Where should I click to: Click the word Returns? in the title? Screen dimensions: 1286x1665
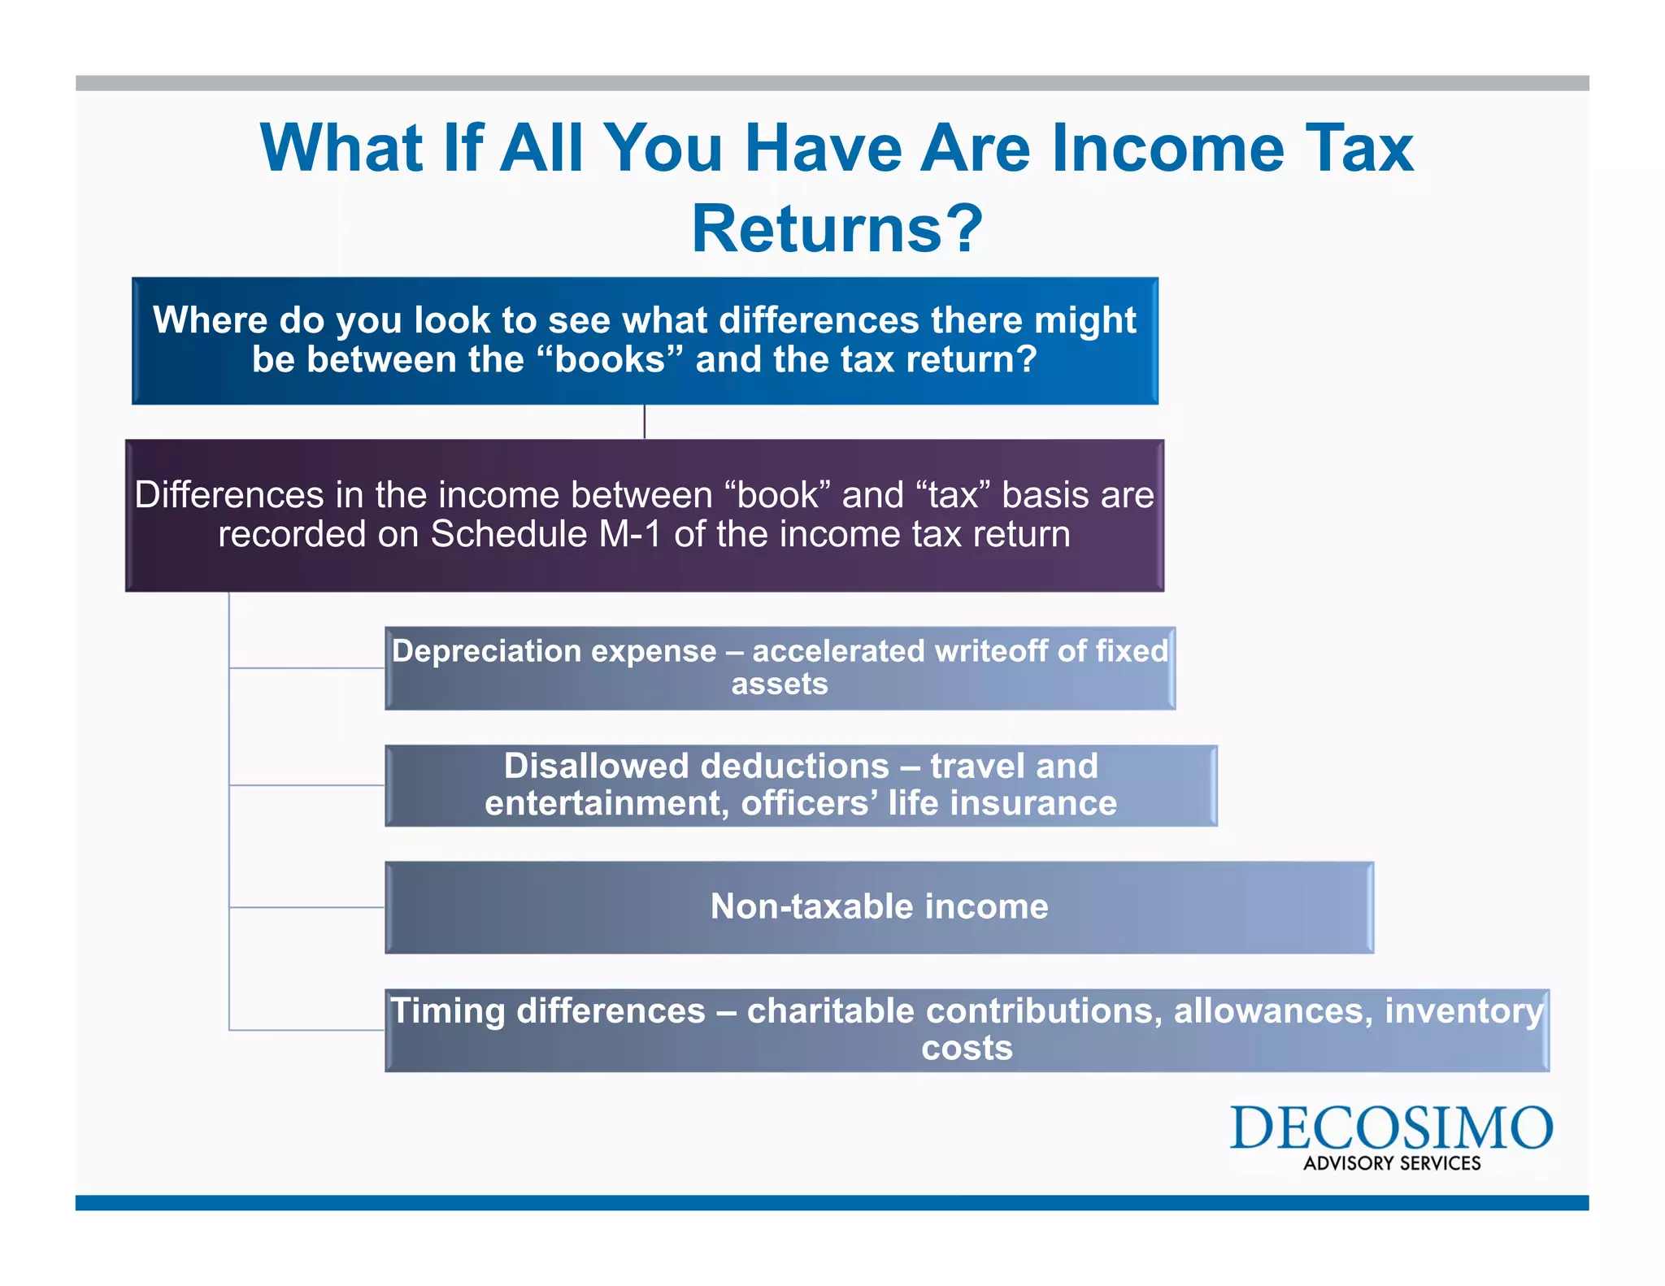point(837,229)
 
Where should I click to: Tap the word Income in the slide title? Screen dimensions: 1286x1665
point(1167,148)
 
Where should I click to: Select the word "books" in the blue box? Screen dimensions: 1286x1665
point(610,359)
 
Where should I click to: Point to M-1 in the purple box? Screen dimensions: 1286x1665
point(630,535)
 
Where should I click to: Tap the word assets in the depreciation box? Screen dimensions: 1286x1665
point(779,684)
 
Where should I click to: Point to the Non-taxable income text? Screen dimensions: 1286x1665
point(879,906)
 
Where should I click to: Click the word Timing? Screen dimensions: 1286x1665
point(448,1011)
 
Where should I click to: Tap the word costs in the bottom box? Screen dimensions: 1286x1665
point(966,1048)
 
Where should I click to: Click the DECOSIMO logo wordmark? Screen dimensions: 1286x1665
point(1390,1127)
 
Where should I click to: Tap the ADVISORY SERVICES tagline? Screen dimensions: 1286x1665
point(1391,1163)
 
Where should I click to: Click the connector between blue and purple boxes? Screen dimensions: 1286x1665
point(645,422)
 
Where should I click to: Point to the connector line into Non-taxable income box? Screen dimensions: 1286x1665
point(306,907)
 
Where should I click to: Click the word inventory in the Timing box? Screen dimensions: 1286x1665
point(1463,1011)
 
